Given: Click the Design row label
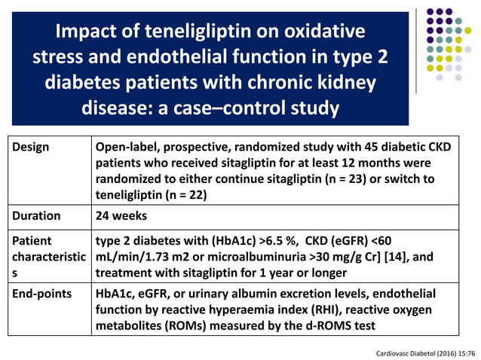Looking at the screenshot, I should (x=31, y=147).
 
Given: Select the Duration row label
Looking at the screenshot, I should (x=36, y=215).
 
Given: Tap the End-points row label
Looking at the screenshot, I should (x=42, y=293).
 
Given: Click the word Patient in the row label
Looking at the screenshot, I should (x=32, y=241).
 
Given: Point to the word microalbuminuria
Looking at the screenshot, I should (x=247, y=258).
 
